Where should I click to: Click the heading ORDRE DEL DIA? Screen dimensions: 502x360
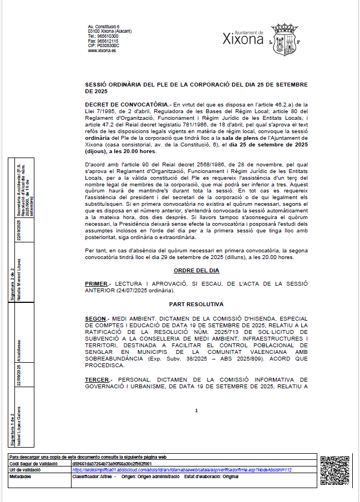tap(196, 271)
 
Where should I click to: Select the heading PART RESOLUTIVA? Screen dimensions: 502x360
tap(196, 305)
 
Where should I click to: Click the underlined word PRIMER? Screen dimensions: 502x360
tap(97, 284)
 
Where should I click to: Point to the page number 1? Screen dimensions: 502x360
tap(196, 410)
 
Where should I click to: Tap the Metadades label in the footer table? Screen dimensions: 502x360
tap(21, 476)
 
